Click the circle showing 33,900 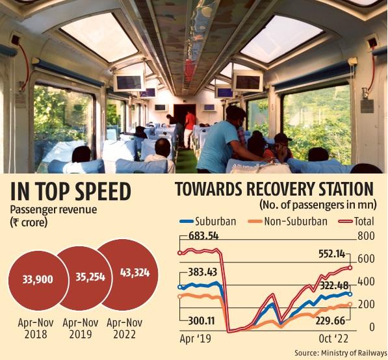tap(38, 281)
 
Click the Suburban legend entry tap(207, 222)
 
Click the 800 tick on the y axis tap(367, 235)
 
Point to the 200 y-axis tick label tap(367, 304)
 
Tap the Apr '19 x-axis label tap(197, 339)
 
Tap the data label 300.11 tap(202, 321)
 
